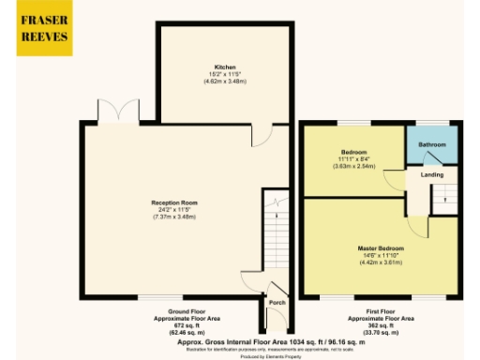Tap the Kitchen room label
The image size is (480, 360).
point(225,67)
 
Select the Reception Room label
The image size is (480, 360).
point(174,202)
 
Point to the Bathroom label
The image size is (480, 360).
point(432,144)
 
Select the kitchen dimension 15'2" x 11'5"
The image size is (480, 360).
point(225,75)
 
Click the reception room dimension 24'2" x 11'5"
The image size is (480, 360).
point(174,209)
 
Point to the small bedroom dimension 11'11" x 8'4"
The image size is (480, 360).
point(353,158)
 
